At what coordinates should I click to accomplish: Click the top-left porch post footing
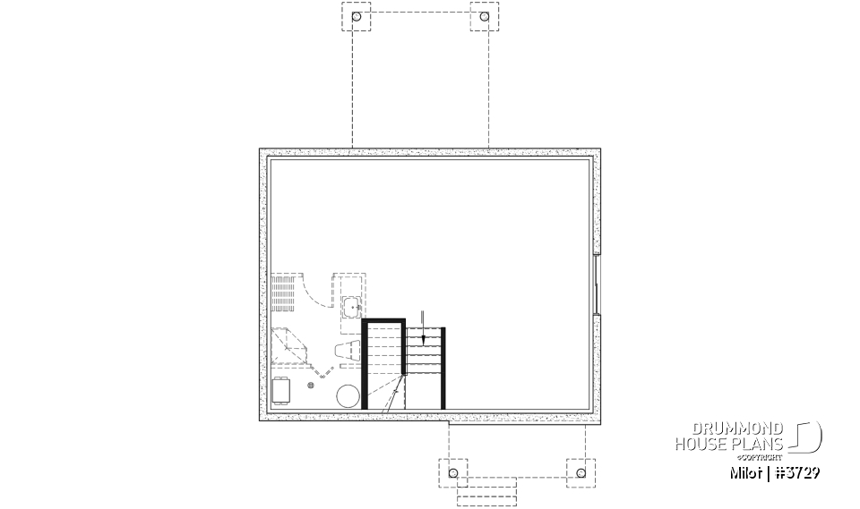357,17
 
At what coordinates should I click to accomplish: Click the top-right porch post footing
485,17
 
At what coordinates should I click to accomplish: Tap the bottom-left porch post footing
452,471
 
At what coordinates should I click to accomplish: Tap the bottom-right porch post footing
580,471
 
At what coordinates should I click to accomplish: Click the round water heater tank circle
348,396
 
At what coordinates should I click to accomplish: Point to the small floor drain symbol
311,385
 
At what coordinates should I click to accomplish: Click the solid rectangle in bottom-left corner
280,391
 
